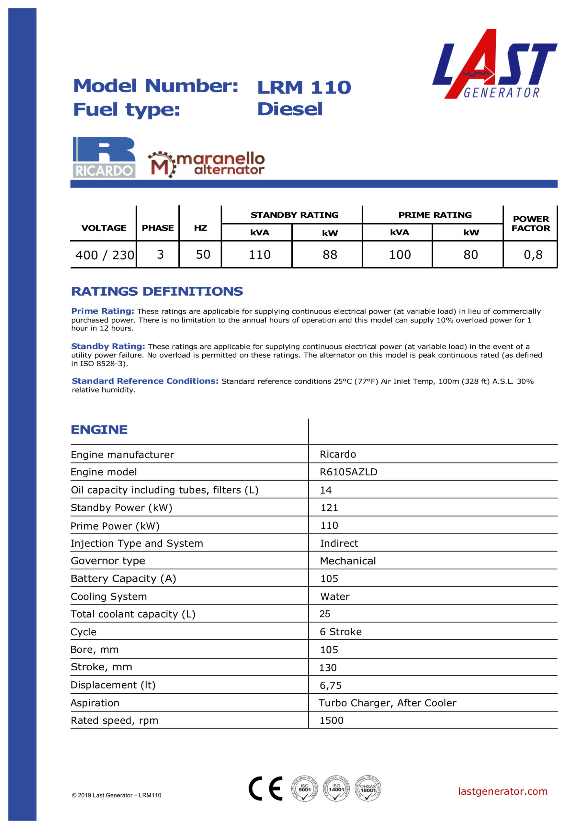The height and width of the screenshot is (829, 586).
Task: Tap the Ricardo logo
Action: [104, 157]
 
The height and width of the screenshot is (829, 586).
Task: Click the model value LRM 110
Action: [304, 87]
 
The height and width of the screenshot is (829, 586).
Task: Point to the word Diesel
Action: [289, 109]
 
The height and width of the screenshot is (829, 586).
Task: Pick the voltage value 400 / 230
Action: [105, 255]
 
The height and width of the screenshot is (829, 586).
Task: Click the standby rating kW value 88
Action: [330, 255]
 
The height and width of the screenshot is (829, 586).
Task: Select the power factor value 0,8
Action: [533, 255]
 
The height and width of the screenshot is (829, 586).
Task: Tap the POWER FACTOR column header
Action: [530, 223]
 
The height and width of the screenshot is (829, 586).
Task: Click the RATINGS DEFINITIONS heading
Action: [157, 291]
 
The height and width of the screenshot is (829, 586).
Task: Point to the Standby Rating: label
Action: [108, 346]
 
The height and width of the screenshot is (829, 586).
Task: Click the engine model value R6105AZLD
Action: [348, 472]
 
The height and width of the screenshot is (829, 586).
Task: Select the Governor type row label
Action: [107, 561]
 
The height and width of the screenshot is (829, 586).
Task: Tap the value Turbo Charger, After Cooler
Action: [387, 703]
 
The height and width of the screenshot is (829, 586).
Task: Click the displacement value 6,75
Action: [330, 685]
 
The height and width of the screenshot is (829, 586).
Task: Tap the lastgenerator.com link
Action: [502, 791]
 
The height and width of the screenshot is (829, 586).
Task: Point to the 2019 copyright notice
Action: [116, 795]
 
